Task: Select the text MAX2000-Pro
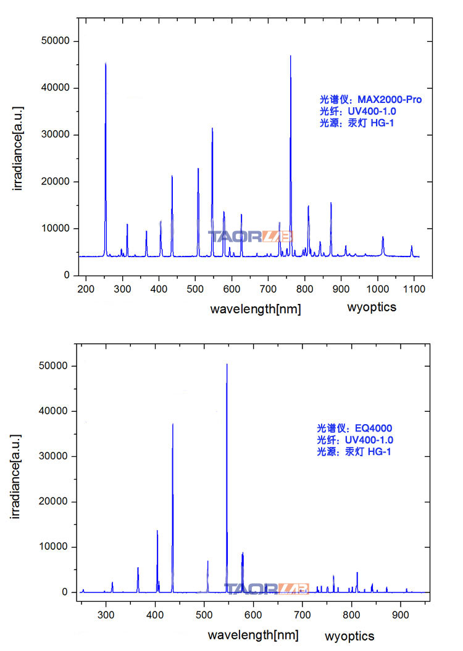tap(390, 99)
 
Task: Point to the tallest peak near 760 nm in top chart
tap(290, 57)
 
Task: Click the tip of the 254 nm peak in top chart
tap(106, 63)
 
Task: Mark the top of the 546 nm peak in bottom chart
tap(227, 364)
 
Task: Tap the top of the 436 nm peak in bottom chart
tap(173, 424)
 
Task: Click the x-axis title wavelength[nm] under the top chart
tap(255, 309)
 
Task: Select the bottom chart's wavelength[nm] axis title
tap(252, 635)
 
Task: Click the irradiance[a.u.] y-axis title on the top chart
tap(19, 149)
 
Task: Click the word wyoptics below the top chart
tap(372, 307)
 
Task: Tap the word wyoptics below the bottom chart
tap(349, 635)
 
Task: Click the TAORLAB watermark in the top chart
tap(250, 236)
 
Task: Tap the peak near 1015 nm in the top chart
tap(383, 237)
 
